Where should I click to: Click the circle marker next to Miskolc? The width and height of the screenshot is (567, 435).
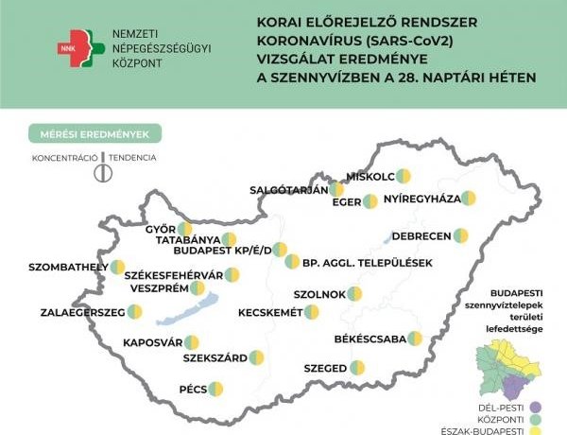[404, 176]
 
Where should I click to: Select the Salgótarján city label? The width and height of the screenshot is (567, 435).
[288, 189]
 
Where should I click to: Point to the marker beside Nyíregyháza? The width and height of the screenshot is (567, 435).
[468, 199]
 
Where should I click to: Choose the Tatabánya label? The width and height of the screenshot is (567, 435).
[188, 240]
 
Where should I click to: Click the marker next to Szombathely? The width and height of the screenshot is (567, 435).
[117, 268]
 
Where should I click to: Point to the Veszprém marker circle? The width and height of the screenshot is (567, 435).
[197, 288]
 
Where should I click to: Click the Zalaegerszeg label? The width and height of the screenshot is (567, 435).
[83, 311]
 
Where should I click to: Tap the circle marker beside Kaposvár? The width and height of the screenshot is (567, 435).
[192, 342]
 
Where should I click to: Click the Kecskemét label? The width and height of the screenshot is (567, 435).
[270, 311]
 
